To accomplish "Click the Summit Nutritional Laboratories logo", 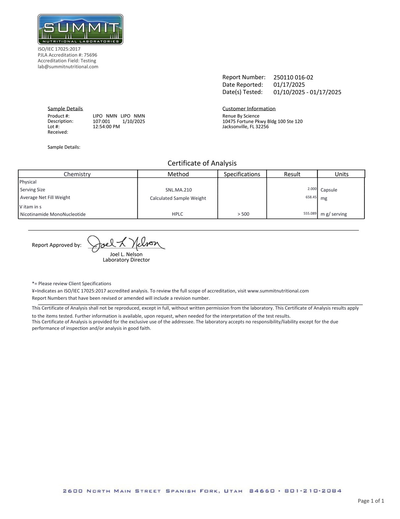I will [80, 29].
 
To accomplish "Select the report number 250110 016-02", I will [293, 78].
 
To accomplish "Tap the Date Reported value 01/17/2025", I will [289, 85].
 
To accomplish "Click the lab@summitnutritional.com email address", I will [68, 67].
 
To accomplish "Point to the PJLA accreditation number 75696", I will [91, 55].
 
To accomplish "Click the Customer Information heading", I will [249, 109].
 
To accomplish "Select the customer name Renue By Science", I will [241, 116].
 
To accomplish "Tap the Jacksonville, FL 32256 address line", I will [245, 127].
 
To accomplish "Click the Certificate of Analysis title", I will [202, 163].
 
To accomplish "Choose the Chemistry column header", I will [77, 174].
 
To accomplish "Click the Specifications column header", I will [242, 174].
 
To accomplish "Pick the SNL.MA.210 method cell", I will [179, 190].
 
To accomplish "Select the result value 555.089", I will [310, 214].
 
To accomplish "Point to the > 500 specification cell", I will [243, 214].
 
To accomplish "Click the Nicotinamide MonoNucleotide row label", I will [53, 215].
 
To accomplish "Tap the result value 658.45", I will [311, 197].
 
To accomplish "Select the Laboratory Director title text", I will [126, 260].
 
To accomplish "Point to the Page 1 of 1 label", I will [371, 501].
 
